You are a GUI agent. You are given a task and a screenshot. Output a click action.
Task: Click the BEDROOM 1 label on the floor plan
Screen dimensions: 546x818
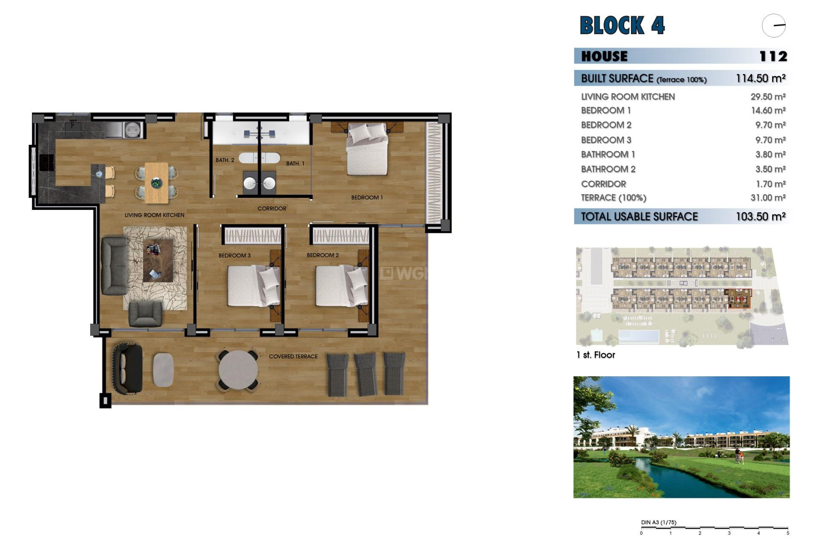coord(367,197)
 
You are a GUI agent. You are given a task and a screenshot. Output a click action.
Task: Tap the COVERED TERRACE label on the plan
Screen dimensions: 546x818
coord(293,356)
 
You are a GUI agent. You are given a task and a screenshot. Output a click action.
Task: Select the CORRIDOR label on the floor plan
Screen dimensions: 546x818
coord(272,209)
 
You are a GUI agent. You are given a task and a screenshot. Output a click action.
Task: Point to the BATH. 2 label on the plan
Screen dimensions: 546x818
coord(225,160)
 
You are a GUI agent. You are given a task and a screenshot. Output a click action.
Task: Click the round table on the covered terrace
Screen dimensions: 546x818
coord(238,369)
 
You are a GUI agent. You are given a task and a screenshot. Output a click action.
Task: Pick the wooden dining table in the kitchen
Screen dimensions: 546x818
coord(156,183)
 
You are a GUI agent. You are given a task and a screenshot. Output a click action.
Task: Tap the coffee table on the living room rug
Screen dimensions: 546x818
coord(158,260)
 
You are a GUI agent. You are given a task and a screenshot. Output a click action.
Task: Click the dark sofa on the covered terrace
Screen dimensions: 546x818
coord(127,369)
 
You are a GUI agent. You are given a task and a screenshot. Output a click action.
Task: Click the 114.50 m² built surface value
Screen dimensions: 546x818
coord(760,78)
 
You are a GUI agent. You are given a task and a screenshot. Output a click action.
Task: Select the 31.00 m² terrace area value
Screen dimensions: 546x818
coord(768,197)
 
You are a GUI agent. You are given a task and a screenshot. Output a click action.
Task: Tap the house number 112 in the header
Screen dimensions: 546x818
coord(773,56)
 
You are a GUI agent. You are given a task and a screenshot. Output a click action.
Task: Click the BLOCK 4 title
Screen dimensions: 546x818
coord(622,26)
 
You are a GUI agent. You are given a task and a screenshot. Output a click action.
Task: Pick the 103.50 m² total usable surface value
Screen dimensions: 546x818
coord(760,217)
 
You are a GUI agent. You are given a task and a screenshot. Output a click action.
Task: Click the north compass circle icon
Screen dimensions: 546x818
coord(773,26)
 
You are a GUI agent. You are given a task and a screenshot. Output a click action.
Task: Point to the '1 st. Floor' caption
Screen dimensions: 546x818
coord(596,355)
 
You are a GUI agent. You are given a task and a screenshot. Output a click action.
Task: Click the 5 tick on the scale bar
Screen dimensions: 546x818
coord(788,533)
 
